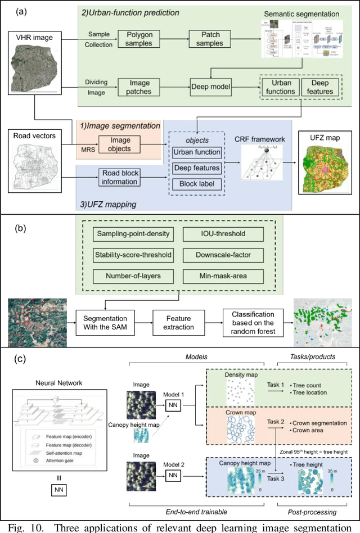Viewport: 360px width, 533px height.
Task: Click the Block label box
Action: [x=197, y=184]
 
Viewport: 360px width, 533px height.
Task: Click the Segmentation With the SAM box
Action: [x=107, y=322]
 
